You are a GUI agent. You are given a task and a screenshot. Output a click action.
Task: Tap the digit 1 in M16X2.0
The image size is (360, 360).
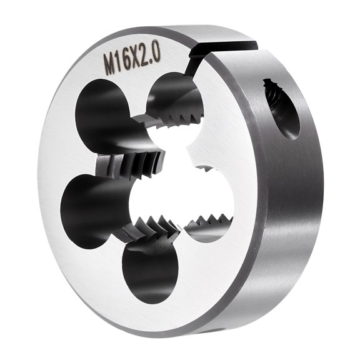pos(119,59)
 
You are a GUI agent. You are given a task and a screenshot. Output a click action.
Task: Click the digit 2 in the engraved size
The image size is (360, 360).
pos(146,54)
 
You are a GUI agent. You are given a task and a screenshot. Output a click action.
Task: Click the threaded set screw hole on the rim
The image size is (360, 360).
pos(280,106)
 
